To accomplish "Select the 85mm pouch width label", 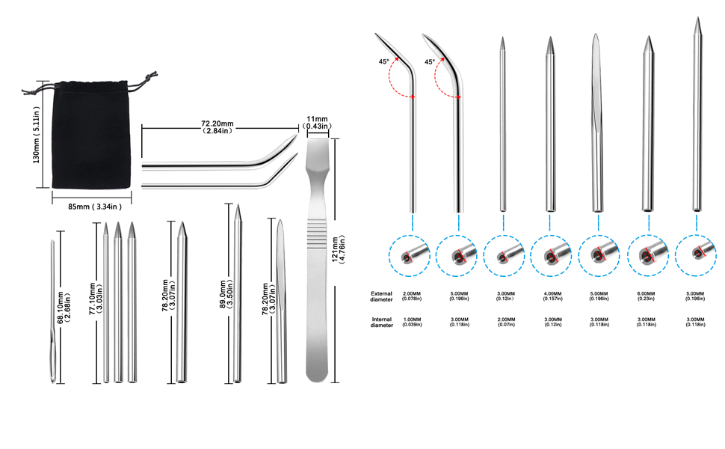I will (92, 206).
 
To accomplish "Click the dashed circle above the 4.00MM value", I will (554, 255).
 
